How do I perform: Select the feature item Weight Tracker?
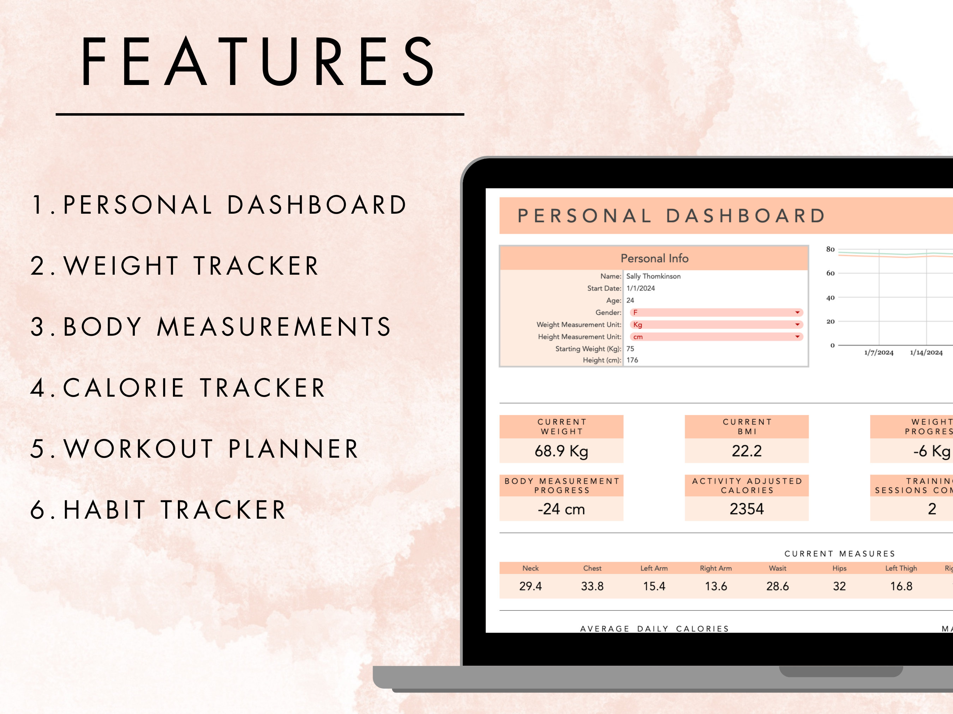point(174,266)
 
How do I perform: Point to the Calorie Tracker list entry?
point(178,388)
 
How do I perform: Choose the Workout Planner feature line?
point(194,449)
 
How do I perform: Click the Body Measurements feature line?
point(211,327)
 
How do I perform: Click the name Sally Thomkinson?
point(653,276)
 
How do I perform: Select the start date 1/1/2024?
point(640,288)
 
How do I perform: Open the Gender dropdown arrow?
point(797,312)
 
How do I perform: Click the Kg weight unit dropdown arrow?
point(797,324)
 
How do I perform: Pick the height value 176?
point(632,360)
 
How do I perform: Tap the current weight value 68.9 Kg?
point(561,451)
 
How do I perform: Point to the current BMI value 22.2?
point(747,451)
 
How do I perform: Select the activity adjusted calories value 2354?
point(747,509)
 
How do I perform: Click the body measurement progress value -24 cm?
point(561,509)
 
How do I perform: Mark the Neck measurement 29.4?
point(531,586)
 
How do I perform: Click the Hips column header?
point(839,568)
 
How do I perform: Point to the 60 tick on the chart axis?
point(830,273)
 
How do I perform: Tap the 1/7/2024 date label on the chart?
point(879,353)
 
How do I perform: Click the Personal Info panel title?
point(654,258)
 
